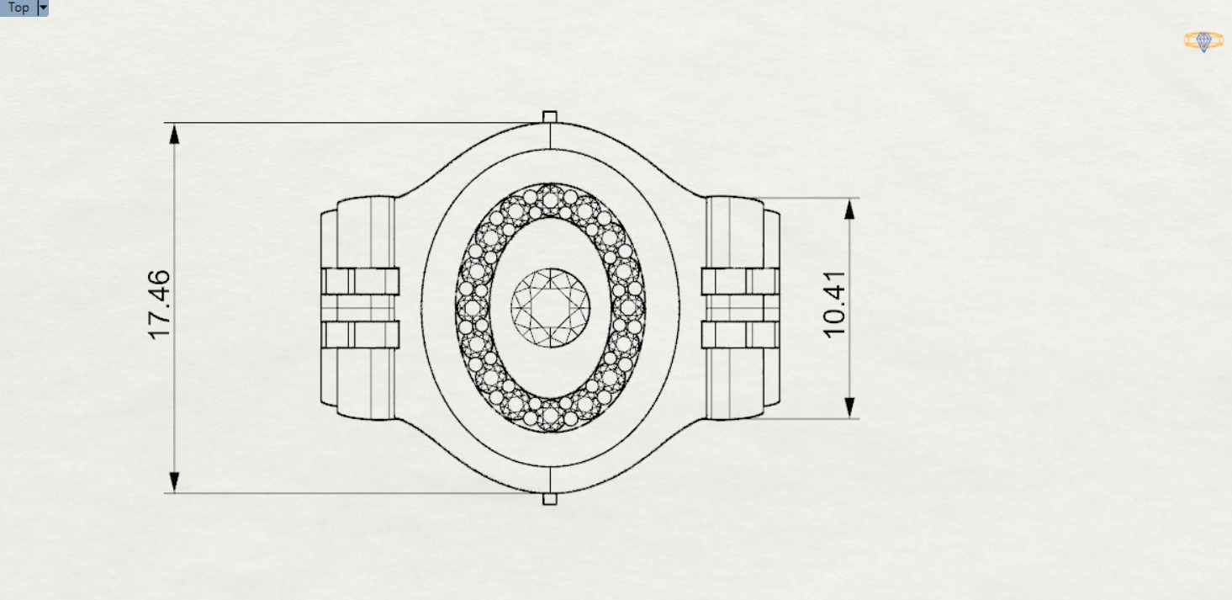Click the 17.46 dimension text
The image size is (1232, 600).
click(159, 305)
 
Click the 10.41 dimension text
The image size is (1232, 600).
click(834, 310)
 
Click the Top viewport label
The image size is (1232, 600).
click(18, 8)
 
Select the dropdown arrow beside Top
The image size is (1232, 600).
click(43, 8)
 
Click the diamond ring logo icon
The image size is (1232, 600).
click(1203, 41)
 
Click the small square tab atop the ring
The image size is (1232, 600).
click(550, 116)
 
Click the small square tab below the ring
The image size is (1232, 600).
click(550, 499)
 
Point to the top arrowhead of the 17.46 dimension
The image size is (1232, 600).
click(175, 135)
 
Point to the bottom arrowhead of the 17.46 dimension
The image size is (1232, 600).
click(175, 481)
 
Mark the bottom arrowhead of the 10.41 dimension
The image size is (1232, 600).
click(849, 407)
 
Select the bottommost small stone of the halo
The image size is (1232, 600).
click(550, 416)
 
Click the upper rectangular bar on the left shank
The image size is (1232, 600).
click(360, 280)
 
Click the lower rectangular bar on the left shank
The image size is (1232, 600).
click(360, 335)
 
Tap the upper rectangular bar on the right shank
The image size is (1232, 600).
click(740, 280)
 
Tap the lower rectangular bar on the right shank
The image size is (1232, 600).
click(740, 335)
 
